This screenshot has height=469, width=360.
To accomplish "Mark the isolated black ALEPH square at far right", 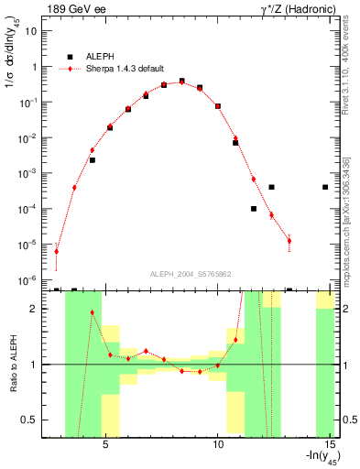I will (x=325, y=187).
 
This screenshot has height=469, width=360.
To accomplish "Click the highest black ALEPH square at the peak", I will (x=181, y=82).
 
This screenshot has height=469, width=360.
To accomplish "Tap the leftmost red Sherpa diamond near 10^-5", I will (x=57, y=251).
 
